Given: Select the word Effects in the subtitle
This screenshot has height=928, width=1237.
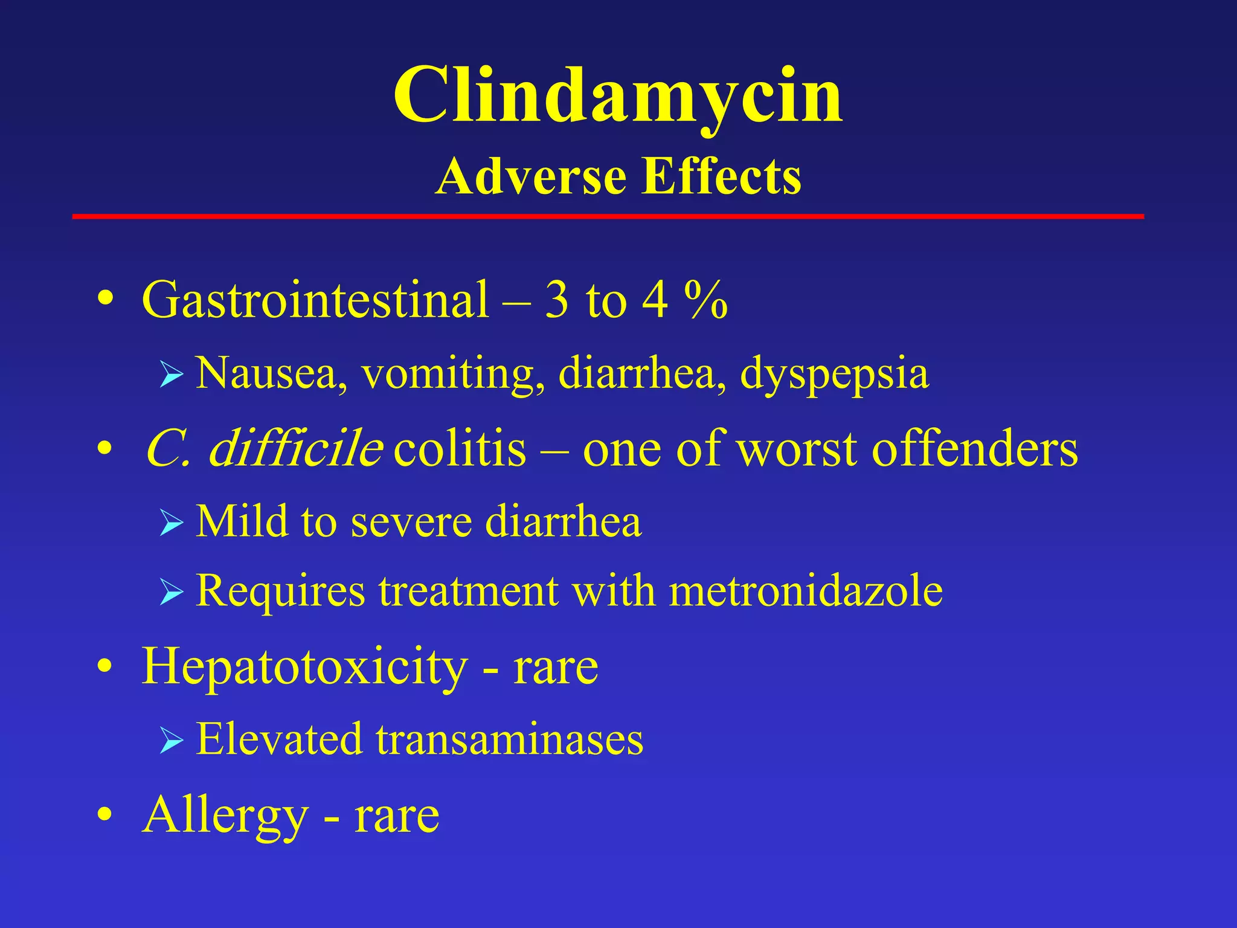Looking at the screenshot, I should pos(721,177).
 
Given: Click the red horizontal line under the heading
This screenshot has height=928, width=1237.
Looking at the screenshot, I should pos(608,216).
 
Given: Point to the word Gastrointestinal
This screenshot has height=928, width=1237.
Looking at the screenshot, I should pos(315,300).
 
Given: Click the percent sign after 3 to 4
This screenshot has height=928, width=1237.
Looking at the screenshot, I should pos(706,300).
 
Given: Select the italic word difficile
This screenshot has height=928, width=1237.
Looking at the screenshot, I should pos(295,449).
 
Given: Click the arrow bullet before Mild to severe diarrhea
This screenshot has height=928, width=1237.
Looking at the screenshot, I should pos(172,523).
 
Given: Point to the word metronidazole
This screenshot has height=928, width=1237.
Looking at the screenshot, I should pos(806,590).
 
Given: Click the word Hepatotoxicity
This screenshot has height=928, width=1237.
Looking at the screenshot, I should pos(304,667).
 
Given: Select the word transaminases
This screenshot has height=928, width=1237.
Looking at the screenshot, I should pos(510,739).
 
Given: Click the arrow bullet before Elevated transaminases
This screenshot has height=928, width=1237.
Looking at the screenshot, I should pos(172,741).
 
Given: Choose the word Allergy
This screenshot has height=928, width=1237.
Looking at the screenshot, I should pos(225,816).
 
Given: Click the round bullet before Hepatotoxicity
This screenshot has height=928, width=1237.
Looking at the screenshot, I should pos(105,666).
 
